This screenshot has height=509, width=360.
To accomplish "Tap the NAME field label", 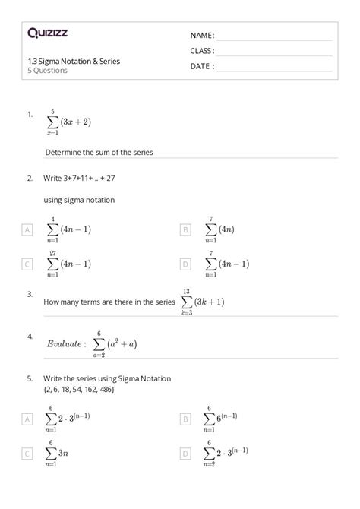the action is point(202,36).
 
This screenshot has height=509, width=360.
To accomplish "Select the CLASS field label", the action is point(203,51).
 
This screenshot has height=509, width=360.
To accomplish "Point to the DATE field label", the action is point(202,66).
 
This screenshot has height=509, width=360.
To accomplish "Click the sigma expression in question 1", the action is point(68,120).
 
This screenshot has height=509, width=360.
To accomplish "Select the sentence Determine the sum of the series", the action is point(99,152).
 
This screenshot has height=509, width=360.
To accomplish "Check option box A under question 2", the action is point(27,229).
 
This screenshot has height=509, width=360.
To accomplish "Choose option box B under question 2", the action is point(185,229).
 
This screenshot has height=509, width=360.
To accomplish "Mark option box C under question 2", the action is point(27,264).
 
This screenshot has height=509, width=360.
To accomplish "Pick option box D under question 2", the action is point(185,264).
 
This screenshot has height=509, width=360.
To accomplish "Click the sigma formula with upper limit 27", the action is point(68,264).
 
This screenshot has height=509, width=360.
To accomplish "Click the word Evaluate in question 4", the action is point(65,344).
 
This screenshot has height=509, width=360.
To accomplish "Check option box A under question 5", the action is point(27,419).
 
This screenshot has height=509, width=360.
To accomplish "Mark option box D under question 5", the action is point(185,454).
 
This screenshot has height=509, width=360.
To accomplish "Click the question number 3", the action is point(29,293).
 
